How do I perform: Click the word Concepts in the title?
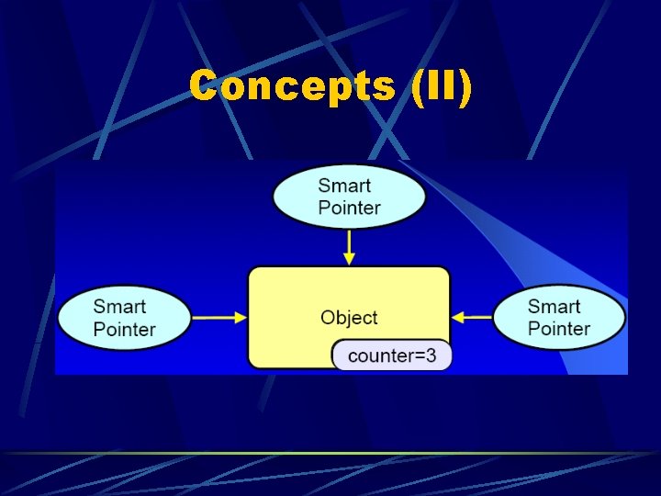[293, 87]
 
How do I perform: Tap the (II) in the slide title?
[442, 87]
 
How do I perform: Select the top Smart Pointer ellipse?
[350, 196]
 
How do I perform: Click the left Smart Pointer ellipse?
[125, 318]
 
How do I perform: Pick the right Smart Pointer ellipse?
[559, 317]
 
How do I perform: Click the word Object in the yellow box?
[349, 318]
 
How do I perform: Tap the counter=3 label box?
[392, 355]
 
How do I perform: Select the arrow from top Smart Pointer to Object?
[350, 246]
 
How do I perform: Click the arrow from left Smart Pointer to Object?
[220, 318]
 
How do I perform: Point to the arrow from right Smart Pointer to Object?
[473, 318]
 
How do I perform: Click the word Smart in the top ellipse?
[344, 186]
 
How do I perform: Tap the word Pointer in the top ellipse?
[349, 208]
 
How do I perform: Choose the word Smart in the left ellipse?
[119, 307]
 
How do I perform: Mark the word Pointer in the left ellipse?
[125, 329]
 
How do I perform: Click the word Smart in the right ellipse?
[555, 306]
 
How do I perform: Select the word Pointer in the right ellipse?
[559, 328]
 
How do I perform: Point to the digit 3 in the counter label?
[431, 355]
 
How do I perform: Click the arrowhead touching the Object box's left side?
[241, 318]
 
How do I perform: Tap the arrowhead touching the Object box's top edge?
[350, 260]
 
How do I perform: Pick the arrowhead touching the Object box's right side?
[457, 318]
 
